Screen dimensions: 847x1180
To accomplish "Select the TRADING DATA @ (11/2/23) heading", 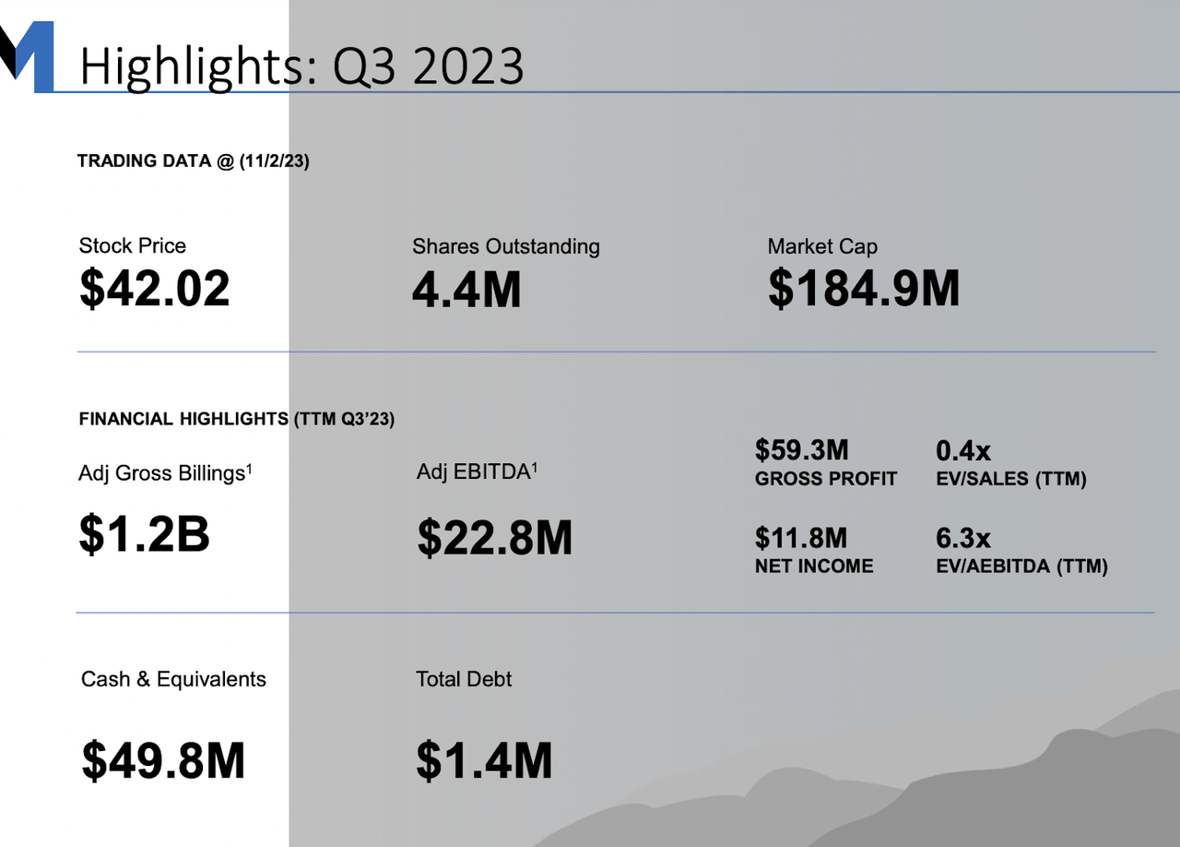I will click(x=193, y=161).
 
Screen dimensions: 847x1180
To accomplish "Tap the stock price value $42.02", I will click(x=154, y=289).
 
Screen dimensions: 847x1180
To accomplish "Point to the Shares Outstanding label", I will click(x=505, y=246).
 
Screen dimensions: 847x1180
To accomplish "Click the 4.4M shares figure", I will click(x=466, y=289).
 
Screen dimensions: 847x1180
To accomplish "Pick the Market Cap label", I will click(x=821, y=246).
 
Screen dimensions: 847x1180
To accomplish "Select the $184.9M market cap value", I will click(x=864, y=289).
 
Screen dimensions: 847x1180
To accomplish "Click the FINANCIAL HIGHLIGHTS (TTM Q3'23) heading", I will click(x=237, y=419).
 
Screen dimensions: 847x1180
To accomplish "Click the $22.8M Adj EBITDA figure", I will click(x=494, y=538).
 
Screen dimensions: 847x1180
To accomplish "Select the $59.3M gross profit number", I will click(x=801, y=450).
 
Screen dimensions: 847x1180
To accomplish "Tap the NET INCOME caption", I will click(x=813, y=567).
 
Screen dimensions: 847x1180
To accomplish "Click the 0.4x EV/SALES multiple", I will click(x=962, y=450).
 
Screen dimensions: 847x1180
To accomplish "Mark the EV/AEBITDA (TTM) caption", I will click(x=1021, y=567).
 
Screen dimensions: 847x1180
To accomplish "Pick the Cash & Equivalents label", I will click(x=173, y=680).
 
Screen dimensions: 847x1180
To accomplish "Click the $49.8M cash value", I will click(x=163, y=760).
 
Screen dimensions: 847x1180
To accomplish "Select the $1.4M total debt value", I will click(x=484, y=761).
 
